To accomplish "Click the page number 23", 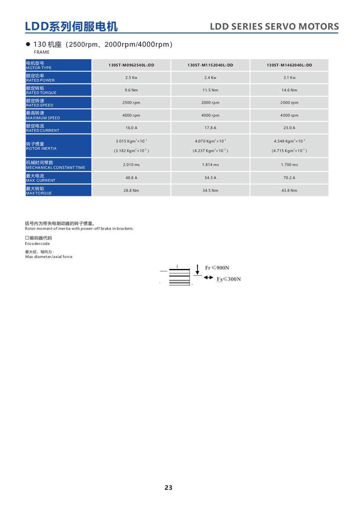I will click(169, 488).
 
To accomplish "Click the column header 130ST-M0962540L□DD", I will click(131, 65).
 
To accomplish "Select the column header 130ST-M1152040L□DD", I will click(210, 65).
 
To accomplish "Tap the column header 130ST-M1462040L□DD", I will click(289, 65).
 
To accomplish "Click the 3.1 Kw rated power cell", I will click(289, 78).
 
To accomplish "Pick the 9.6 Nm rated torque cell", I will click(131, 90).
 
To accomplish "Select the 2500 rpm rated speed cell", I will click(131, 103).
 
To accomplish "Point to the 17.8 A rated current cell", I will click(210, 128).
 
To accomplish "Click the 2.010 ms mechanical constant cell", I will click(131, 165).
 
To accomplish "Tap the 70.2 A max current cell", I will click(289, 178).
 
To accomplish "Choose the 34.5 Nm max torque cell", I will click(210, 190).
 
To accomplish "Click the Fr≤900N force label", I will click(217, 268).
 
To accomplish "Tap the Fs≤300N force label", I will click(229, 279).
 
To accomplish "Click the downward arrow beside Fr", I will click(197, 269).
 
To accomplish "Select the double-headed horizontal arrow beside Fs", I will click(208, 277).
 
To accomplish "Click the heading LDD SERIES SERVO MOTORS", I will click(274, 26).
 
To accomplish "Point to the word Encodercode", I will click(38, 243).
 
